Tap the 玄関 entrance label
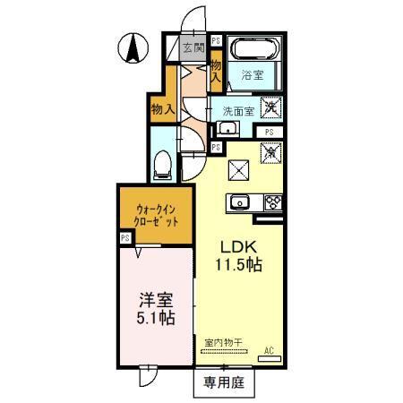click(193, 49)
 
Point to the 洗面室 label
click(238, 111)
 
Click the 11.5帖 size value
click(238, 267)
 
